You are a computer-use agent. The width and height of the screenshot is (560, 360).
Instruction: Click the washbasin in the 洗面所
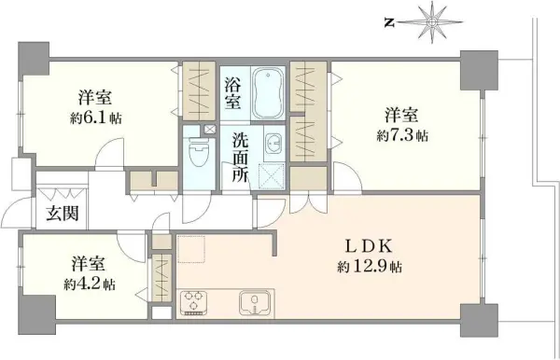[273, 144]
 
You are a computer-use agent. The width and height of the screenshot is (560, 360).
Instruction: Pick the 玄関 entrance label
[63, 213]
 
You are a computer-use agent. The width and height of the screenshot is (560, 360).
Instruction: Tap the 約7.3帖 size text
[403, 136]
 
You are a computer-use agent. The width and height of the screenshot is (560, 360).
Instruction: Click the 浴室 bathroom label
[232, 91]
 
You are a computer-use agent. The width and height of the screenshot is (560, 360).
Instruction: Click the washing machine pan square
[273, 174]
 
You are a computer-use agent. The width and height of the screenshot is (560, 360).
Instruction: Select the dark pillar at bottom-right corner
[475, 318]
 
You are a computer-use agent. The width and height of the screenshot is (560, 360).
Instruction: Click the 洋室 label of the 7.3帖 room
[402, 116]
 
